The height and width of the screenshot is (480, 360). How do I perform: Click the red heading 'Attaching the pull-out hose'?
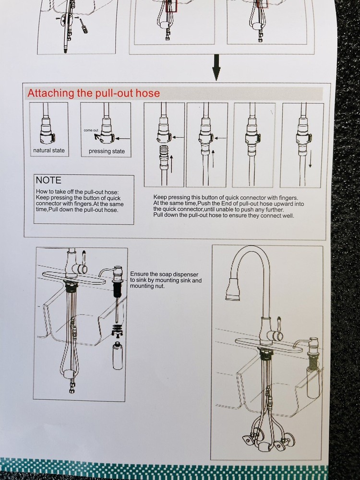[x=94, y=93]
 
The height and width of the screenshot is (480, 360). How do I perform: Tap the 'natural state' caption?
[x=49, y=150]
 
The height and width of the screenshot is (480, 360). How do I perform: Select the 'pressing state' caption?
[x=107, y=151]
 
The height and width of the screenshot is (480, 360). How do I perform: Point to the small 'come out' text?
[x=91, y=130]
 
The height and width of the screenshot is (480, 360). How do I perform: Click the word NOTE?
[x=48, y=180]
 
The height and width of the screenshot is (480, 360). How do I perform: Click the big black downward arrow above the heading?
[x=216, y=67]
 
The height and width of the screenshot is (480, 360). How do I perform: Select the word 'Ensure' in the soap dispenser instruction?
[x=140, y=274]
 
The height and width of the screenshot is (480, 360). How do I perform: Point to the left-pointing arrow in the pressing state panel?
[x=123, y=138]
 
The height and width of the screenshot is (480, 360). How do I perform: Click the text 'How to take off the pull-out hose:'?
[x=77, y=192]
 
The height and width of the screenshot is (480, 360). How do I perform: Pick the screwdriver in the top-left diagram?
[x=83, y=25]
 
